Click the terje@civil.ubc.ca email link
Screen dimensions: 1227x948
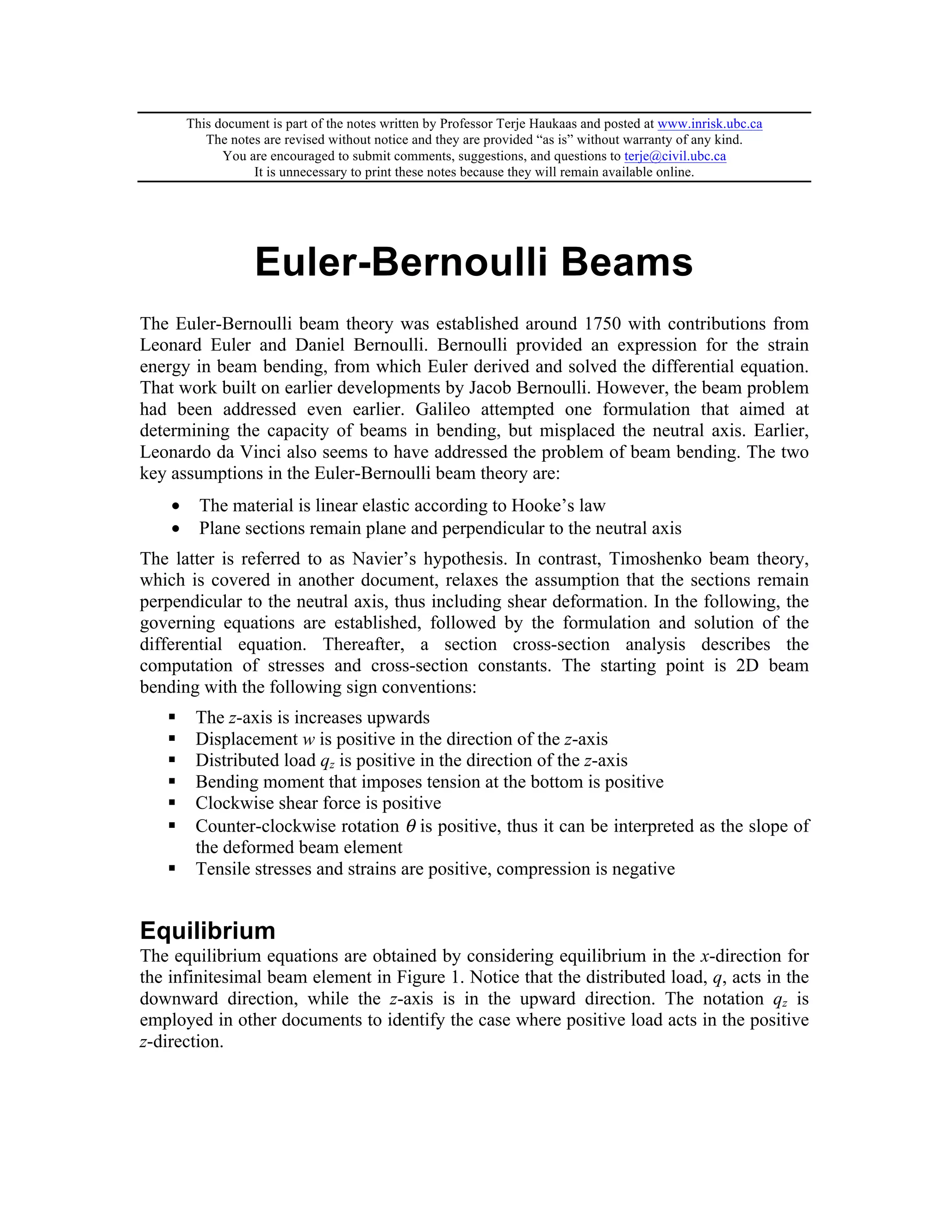point(674,156)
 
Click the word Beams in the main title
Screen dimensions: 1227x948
point(627,263)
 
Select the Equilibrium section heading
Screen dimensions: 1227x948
point(207,931)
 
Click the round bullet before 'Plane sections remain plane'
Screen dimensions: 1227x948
point(176,529)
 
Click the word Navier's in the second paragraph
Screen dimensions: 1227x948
point(384,559)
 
